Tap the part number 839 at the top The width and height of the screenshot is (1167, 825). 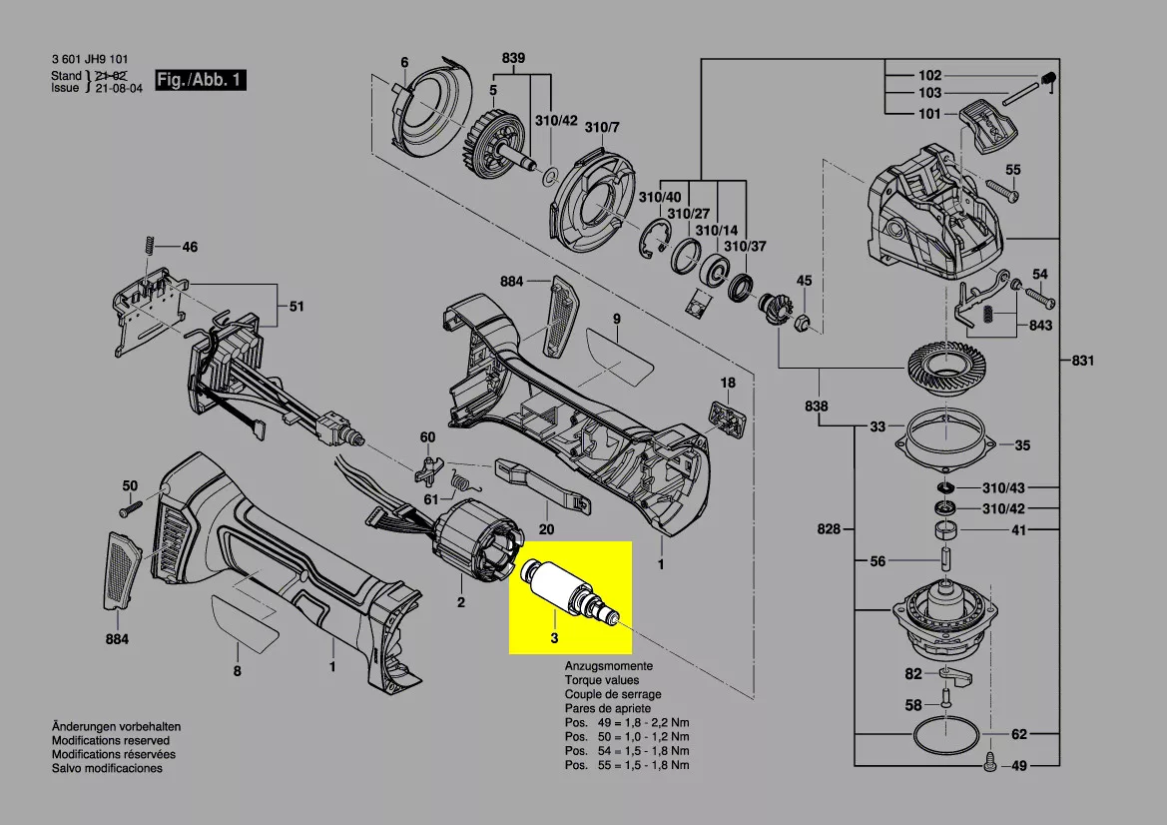[x=513, y=59]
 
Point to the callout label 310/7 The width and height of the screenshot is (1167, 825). [x=602, y=127]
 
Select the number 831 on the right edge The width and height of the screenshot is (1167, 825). [x=1082, y=361]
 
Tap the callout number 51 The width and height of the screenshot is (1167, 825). [x=296, y=307]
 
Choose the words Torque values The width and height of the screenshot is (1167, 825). [x=603, y=680]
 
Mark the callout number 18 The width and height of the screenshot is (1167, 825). [x=728, y=383]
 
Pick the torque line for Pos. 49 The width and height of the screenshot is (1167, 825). [x=626, y=722]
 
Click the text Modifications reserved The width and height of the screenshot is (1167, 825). [x=111, y=741]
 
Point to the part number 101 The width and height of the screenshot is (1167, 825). [x=928, y=114]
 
